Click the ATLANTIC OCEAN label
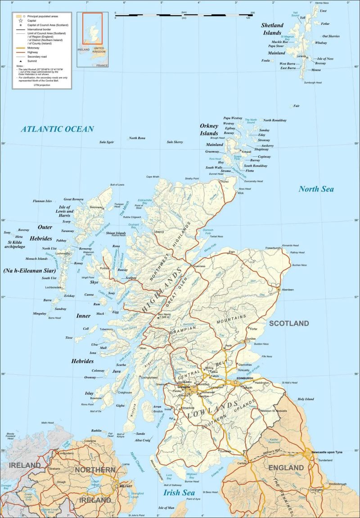pos(58,129)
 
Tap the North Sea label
pos(316,189)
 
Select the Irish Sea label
pos(179,492)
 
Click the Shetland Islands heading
pos(272,29)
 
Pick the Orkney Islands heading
pos(209,129)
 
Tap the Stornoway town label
pos(96,207)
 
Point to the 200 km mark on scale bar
pos(252,13)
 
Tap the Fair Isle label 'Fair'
pos(296,106)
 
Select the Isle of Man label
pos(166,508)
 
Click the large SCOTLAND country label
pos(289,323)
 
